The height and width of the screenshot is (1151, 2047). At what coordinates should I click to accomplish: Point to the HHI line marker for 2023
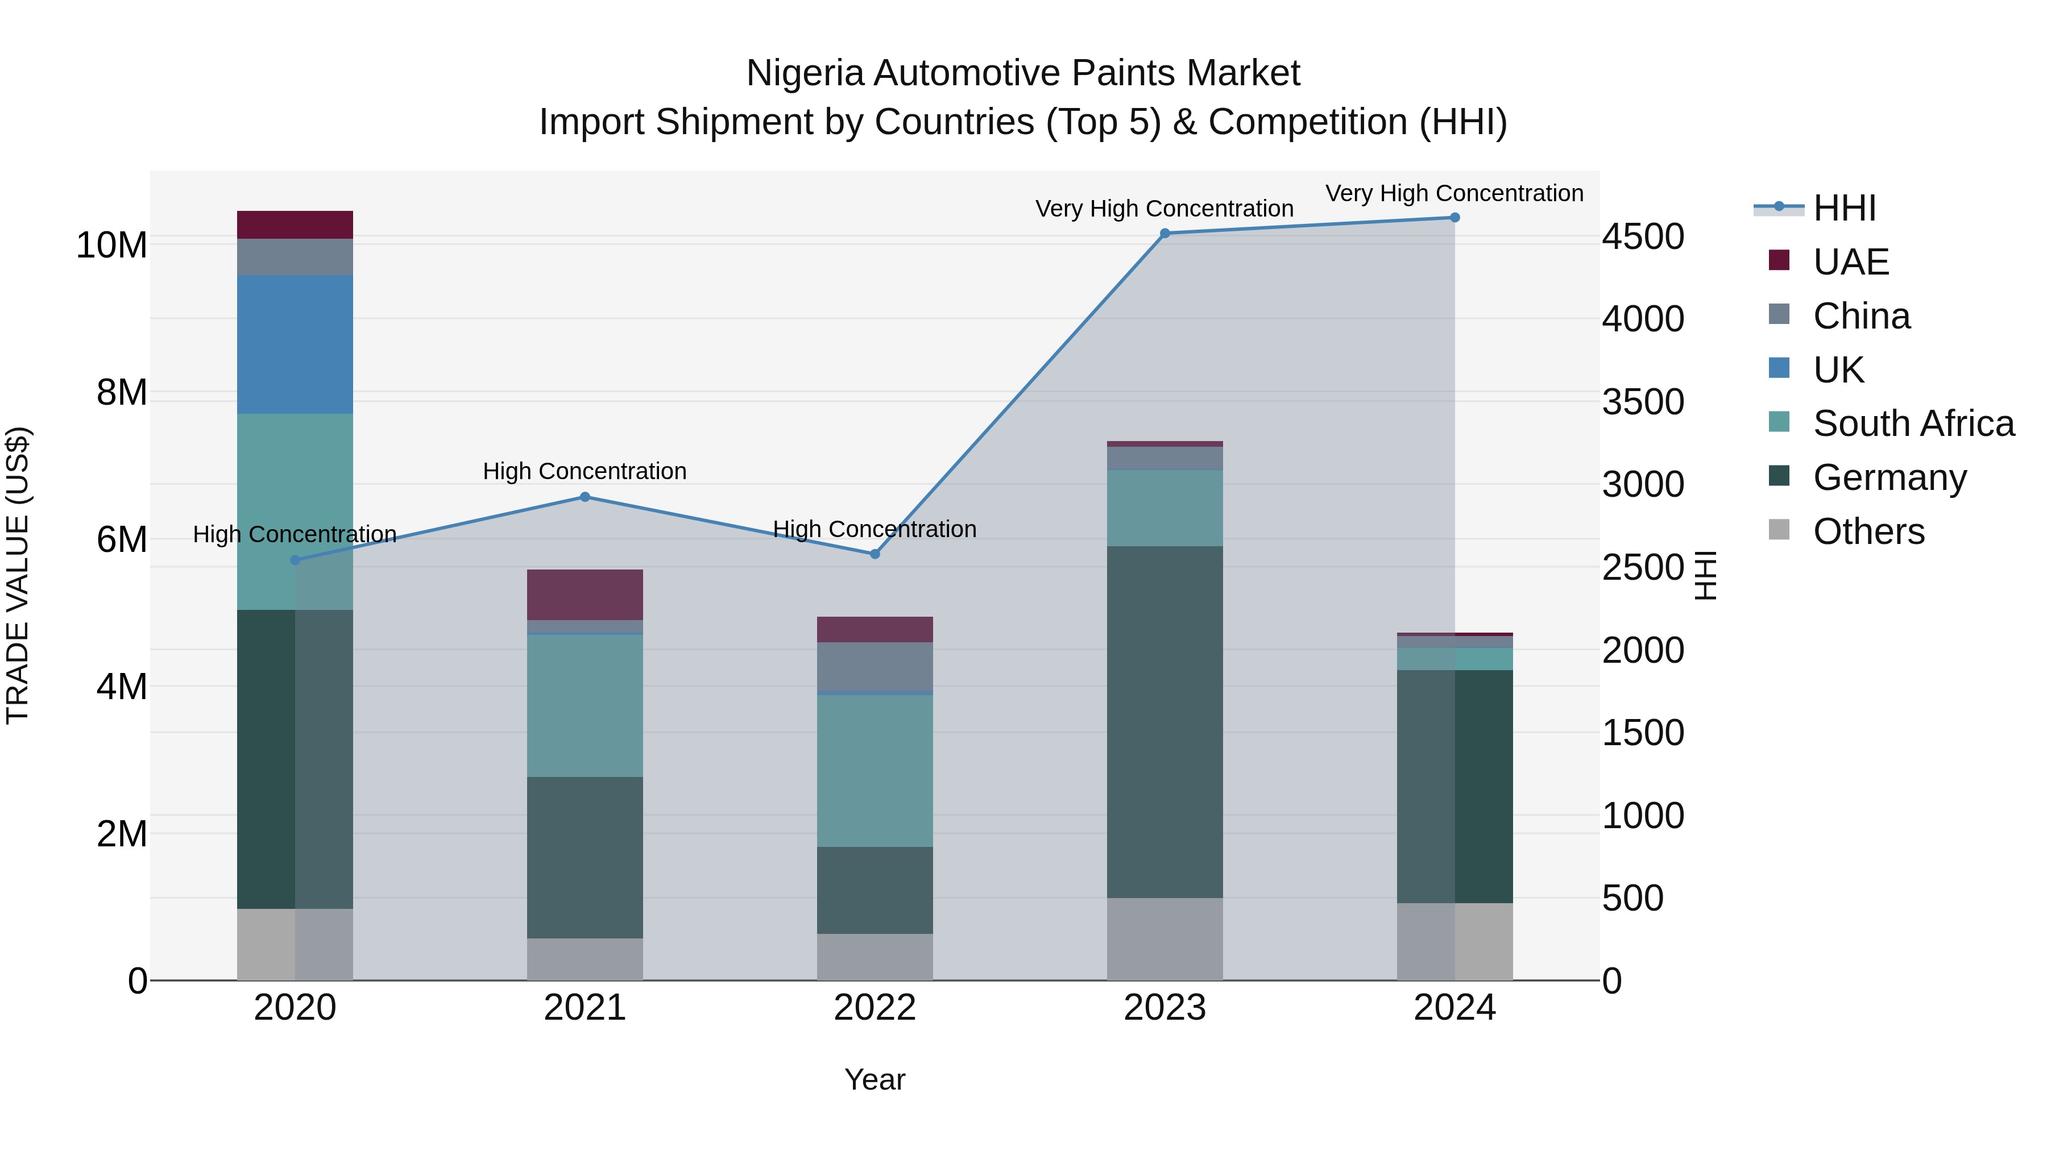pyautogui.click(x=1165, y=234)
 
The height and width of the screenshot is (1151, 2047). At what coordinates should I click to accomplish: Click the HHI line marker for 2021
pyautogui.click(x=585, y=497)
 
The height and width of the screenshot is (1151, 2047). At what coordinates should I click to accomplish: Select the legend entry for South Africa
pyautogui.click(x=1913, y=423)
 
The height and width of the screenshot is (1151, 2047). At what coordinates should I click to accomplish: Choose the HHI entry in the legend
pyautogui.click(x=1843, y=208)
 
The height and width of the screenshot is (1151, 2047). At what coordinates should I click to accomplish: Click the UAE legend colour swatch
pyautogui.click(x=1779, y=260)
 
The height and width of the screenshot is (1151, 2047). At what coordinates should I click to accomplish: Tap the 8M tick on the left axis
pyautogui.click(x=122, y=392)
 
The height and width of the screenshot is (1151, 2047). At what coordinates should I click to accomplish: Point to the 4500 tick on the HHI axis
pyautogui.click(x=1642, y=236)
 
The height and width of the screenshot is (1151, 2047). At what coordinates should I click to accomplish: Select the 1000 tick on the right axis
pyautogui.click(x=1642, y=816)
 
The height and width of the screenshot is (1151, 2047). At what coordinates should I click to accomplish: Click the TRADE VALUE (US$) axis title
pyautogui.click(x=18, y=575)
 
